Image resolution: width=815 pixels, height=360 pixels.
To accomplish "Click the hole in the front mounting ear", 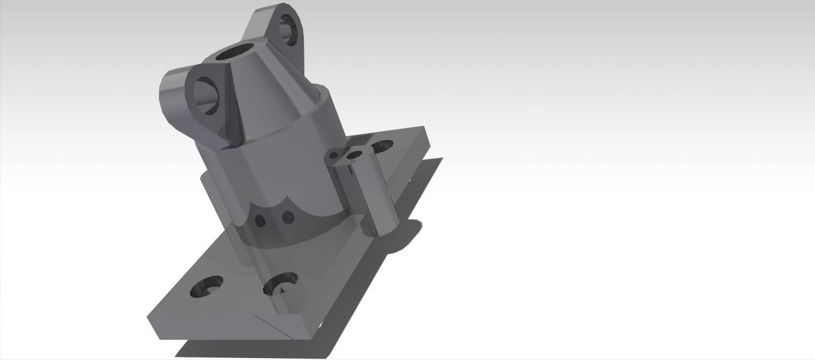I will (208, 96).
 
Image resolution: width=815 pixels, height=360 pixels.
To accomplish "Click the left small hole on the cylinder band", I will (260, 220).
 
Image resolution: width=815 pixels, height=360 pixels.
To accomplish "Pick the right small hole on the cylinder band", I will (287, 217).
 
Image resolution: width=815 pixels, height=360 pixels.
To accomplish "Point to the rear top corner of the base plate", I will (424, 129).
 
